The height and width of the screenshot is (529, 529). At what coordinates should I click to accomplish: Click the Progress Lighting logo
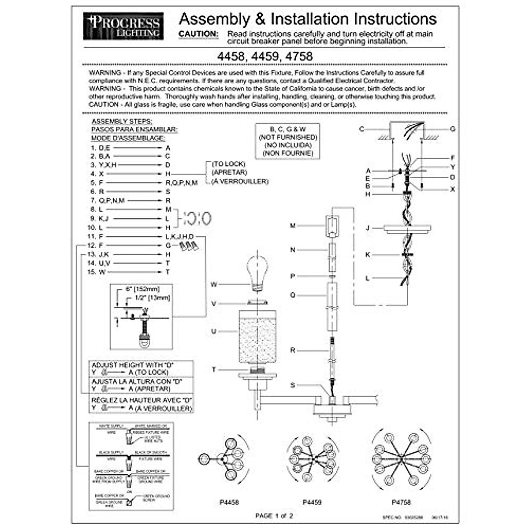123,26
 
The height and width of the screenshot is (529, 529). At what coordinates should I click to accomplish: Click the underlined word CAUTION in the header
198,34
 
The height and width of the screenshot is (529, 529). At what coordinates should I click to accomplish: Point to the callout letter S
293,385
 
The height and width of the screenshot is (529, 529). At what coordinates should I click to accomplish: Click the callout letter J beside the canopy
367,228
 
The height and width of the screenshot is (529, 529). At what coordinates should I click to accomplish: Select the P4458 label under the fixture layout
229,502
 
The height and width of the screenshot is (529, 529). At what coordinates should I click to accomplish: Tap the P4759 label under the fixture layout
312,502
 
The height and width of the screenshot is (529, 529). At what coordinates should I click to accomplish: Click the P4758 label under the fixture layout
401,502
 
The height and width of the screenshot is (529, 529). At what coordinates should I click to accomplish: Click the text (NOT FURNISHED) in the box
288,137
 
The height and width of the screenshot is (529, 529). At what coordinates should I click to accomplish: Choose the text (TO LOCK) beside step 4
228,164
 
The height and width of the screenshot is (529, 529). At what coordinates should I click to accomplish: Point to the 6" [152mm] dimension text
142,289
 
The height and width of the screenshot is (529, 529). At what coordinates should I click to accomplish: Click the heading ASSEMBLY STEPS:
122,121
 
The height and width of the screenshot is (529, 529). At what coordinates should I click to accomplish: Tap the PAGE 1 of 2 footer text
274,516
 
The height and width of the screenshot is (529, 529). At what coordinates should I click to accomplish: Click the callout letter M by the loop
292,226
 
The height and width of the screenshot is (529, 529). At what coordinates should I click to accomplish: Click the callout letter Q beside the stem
293,295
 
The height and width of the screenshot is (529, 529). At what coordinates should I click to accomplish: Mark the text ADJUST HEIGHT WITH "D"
133,365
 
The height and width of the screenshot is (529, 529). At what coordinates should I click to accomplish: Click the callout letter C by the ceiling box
362,129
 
